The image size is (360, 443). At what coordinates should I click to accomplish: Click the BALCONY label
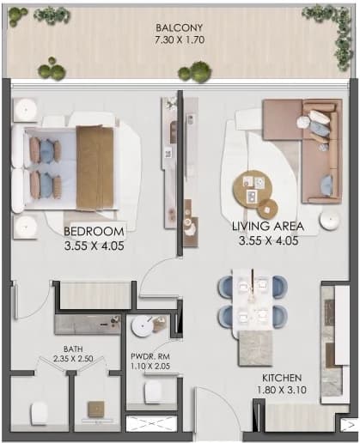coord(180,27)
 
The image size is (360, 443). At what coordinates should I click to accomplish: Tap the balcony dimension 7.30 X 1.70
coord(180,39)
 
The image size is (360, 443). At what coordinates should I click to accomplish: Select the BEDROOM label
coord(94,231)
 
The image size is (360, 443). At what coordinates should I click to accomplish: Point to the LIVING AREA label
coord(268,226)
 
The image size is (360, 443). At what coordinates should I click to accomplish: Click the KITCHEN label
coord(282,378)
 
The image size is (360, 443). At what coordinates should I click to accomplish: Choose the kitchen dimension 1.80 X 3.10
coord(282,390)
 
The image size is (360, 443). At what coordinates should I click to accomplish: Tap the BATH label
coord(73,349)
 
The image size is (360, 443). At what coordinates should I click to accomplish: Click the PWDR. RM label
coord(150,356)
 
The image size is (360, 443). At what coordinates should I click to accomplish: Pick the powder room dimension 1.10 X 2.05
coord(150,366)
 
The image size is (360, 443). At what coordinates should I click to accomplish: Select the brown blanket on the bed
coord(95,168)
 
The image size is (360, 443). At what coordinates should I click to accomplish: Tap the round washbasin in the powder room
coord(142,326)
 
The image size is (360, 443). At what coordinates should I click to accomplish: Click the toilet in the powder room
coord(153,392)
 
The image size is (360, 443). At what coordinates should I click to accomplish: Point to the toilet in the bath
coord(39,413)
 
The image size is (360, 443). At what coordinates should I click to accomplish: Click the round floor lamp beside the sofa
coord(330,220)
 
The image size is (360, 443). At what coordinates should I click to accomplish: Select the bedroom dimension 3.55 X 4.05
coord(94,246)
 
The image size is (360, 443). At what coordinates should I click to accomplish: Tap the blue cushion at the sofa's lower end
coord(326,182)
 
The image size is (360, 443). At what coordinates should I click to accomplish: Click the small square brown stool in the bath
coord(96,410)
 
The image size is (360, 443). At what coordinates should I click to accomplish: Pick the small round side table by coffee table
coord(267,209)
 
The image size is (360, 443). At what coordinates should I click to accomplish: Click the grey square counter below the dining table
coord(255,348)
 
